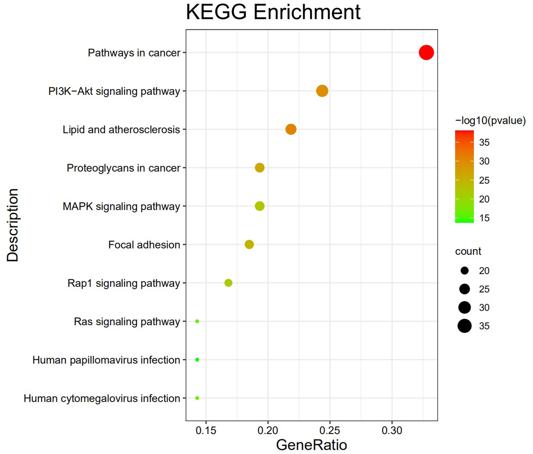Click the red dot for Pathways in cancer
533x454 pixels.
(426, 52)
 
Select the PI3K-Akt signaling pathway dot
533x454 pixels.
(322, 91)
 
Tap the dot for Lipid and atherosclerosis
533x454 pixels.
(291, 129)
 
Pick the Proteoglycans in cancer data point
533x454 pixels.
(260, 168)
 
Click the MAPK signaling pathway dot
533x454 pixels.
(260, 206)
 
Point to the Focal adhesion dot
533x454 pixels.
(249, 245)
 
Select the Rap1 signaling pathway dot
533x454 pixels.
(228, 283)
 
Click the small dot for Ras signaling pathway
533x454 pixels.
(197, 321)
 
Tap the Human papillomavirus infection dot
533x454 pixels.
(197, 360)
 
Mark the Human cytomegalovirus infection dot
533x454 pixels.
(197, 398)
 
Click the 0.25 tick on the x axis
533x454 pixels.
(330, 430)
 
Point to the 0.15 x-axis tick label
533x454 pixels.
(206, 430)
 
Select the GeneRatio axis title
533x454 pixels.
(311, 445)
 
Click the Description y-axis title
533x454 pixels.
(12, 225)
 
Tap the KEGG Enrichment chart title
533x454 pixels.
(273, 12)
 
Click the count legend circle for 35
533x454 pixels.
(465, 326)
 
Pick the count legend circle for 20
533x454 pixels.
(465, 271)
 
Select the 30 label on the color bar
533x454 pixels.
(484, 161)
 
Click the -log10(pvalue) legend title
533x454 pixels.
(490, 121)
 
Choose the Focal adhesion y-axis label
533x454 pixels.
(144, 245)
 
